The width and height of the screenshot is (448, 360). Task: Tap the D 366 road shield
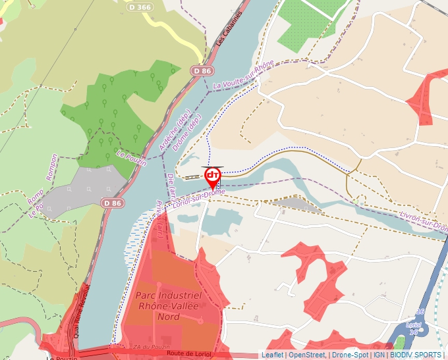(x=140, y=7)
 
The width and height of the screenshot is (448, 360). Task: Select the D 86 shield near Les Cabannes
(x=202, y=70)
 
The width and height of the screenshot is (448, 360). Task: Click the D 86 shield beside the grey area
(x=113, y=203)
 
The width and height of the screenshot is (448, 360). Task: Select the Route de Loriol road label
(x=190, y=354)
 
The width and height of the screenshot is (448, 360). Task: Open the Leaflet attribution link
(x=272, y=355)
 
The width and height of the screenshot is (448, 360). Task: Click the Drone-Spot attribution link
(x=350, y=355)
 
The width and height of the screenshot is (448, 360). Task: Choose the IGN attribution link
(x=379, y=355)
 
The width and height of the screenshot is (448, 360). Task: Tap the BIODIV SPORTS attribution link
(x=416, y=355)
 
